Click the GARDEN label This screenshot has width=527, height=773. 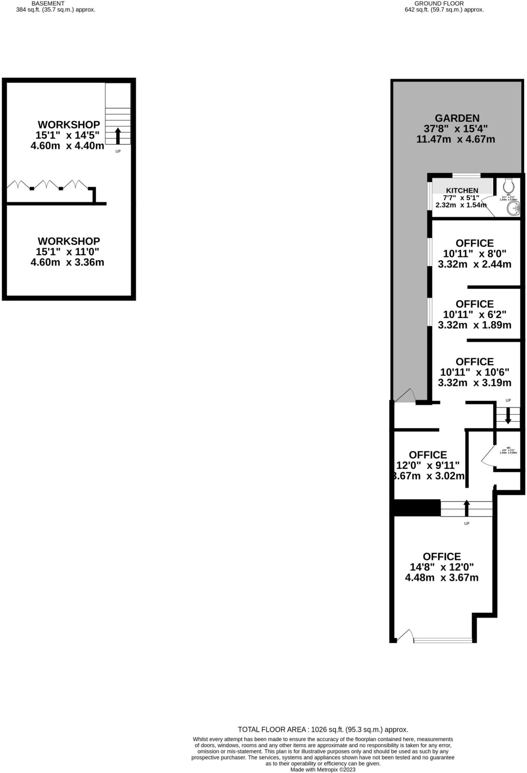click(x=457, y=118)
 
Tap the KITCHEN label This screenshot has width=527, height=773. click(x=462, y=191)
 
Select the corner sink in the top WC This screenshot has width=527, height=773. click(x=513, y=208)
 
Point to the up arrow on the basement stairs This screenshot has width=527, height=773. click(x=118, y=136)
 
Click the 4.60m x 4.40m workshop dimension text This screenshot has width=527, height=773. click(x=67, y=146)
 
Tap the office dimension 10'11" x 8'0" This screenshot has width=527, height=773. click(x=474, y=254)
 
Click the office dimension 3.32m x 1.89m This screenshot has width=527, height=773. click(x=474, y=325)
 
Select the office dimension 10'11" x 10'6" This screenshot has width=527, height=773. click(x=474, y=372)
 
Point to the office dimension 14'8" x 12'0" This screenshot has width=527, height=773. click(x=441, y=567)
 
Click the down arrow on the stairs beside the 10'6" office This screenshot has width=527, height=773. click(x=508, y=415)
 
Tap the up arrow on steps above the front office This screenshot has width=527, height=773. click(x=467, y=508)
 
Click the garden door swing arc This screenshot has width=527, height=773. click(x=406, y=395)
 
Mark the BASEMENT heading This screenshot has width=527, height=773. click(x=48, y=3)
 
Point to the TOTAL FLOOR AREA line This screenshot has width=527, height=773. click(x=323, y=730)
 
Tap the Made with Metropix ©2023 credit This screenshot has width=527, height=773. click(x=323, y=770)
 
